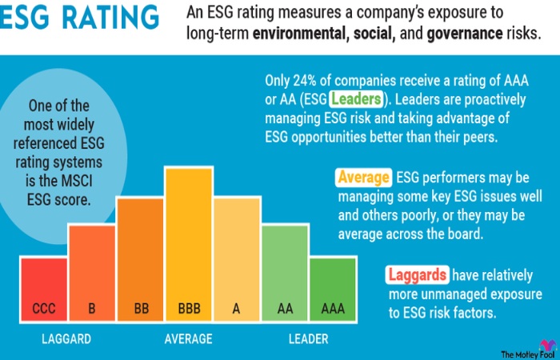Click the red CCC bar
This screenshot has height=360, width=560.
pos(44,288)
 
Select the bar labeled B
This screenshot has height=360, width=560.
pos(92,272)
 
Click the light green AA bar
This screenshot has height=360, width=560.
pos(285,272)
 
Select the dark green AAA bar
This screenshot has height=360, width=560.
pos(333,288)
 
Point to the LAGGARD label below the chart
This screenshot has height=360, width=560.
pos(66,339)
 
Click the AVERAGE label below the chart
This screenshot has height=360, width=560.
pos(189,339)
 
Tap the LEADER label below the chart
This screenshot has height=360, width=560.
pos(308,339)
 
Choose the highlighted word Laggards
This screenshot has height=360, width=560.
pos(418,275)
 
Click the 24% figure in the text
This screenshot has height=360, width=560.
pos(309,81)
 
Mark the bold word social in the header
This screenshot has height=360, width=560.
pos(374,34)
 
